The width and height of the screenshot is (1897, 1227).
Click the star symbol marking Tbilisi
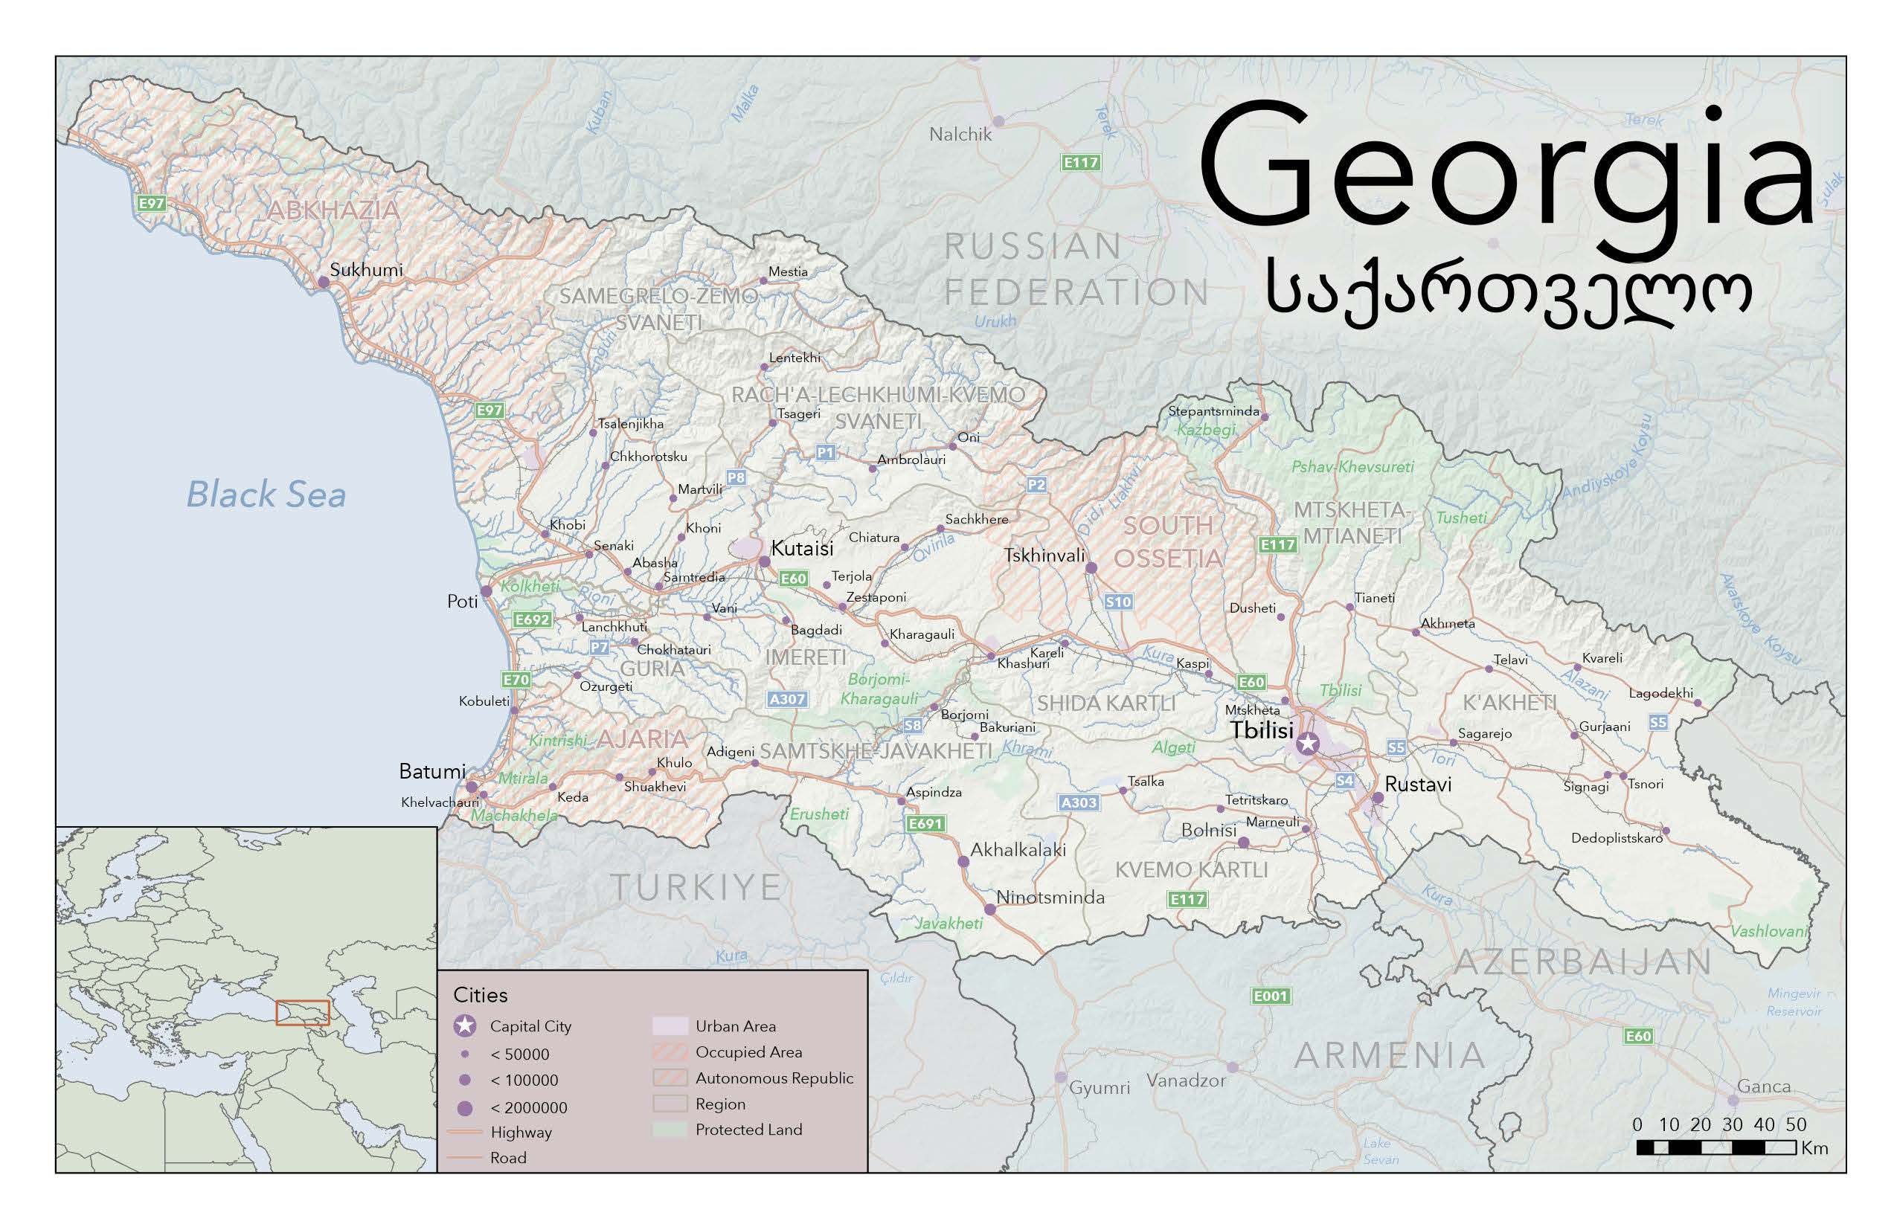pyautogui.click(x=1307, y=744)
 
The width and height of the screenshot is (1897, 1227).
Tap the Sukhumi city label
pyautogui.click(x=366, y=269)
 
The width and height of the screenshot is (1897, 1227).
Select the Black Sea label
pyautogui.click(x=266, y=494)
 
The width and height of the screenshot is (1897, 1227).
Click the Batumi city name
pyautogui.click(x=432, y=771)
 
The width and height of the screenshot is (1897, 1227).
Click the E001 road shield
pyautogui.click(x=1270, y=996)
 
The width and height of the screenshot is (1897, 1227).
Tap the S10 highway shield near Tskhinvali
pyautogui.click(x=1118, y=602)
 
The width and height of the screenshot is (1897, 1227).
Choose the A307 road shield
pyautogui.click(x=787, y=700)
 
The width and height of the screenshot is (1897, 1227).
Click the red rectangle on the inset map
pyautogui.click(x=302, y=1013)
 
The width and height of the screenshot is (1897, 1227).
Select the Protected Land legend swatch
pyautogui.click(x=670, y=1130)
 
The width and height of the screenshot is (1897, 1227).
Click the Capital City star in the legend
pyautogui.click(x=465, y=1026)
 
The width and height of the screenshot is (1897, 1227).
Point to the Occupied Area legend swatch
pyautogui.click(x=670, y=1052)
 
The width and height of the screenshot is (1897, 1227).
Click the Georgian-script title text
pyautogui.click(x=1508, y=294)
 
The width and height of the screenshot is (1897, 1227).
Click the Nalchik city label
pyautogui.click(x=960, y=135)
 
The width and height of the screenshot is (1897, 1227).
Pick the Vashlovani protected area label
pyautogui.click(x=1769, y=930)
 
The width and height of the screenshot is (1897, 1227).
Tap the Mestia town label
pyautogui.click(x=788, y=271)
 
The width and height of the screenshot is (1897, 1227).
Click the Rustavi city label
pyautogui.click(x=1418, y=784)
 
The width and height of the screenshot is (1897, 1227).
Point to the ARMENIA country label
pyautogui.click(x=1390, y=1056)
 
